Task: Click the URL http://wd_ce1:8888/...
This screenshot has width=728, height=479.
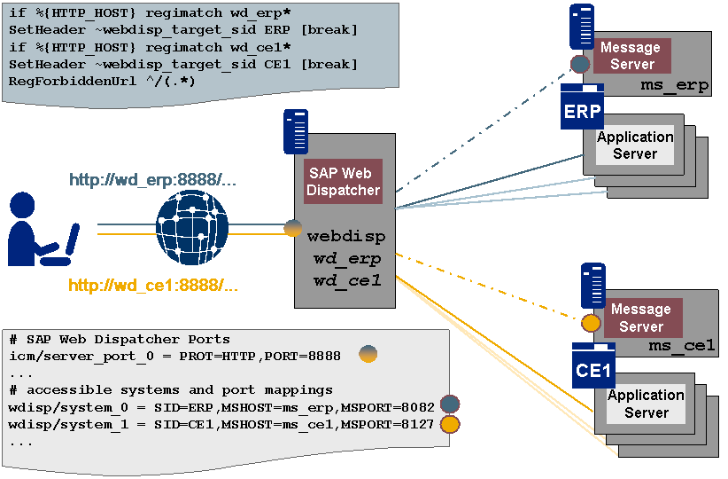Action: [x=153, y=286]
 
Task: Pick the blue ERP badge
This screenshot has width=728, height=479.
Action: [x=582, y=111]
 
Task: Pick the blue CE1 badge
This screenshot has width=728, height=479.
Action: [x=593, y=369]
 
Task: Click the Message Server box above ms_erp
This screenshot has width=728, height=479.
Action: [x=631, y=56]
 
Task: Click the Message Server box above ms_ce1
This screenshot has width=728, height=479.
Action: [x=640, y=318]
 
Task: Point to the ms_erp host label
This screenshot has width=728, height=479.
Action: [x=673, y=85]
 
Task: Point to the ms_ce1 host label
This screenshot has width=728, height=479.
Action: [x=681, y=346]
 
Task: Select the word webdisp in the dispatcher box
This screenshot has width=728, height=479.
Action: [x=344, y=237]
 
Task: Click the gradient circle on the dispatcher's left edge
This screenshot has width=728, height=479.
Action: [x=293, y=229]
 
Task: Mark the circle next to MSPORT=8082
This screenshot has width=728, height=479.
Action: [x=450, y=405]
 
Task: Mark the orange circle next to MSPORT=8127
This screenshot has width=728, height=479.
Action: [x=450, y=423]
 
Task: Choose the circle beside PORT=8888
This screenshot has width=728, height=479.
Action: [x=368, y=355]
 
